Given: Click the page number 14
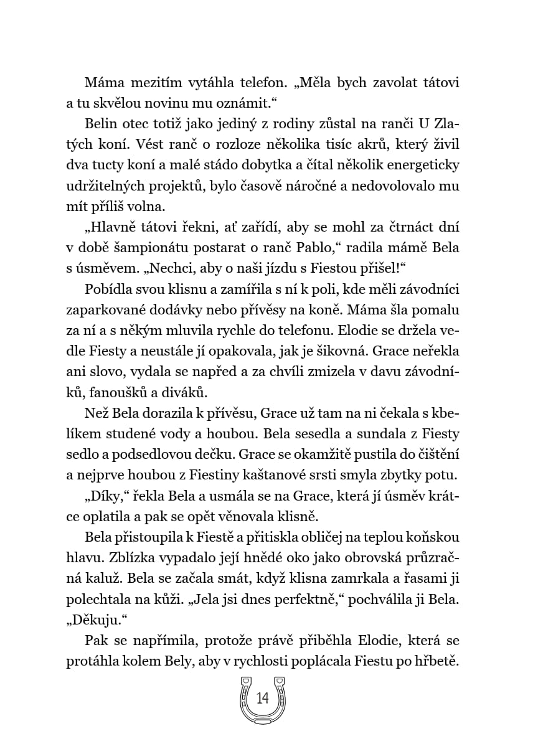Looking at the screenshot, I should coord(262,698).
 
